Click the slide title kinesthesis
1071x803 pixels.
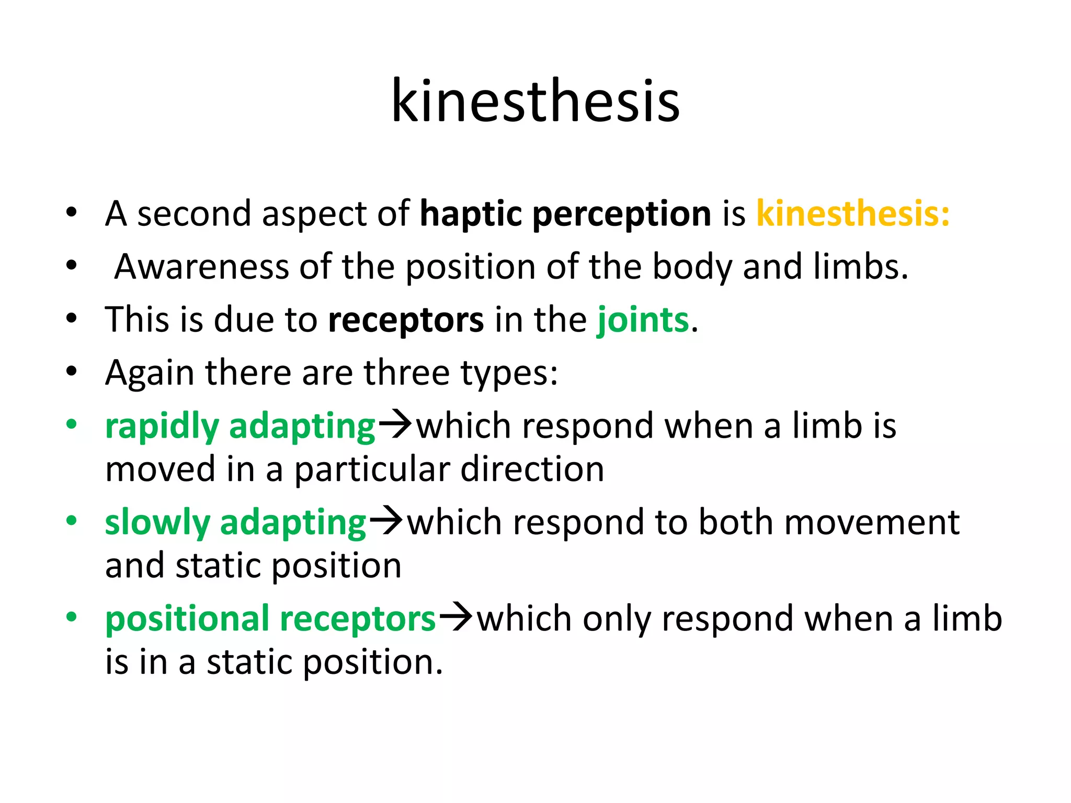point(535,100)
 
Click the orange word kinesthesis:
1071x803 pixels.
point(853,214)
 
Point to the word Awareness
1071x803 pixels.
point(201,267)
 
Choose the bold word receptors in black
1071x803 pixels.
point(406,320)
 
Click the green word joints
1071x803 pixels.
point(643,320)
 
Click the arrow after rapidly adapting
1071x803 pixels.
point(395,424)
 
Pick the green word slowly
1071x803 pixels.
point(157,523)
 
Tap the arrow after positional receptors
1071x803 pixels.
point(456,617)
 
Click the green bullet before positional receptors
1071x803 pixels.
point(72,617)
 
